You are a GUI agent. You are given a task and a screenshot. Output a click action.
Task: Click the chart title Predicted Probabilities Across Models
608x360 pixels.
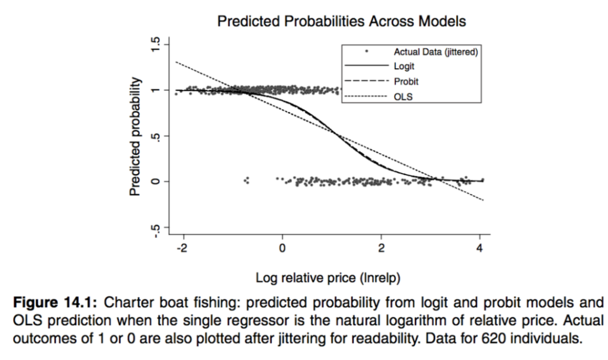click(x=341, y=22)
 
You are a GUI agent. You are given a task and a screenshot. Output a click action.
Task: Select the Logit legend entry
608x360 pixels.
click(x=404, y=66)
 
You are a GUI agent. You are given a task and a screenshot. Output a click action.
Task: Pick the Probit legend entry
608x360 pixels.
click(x=406, y=81)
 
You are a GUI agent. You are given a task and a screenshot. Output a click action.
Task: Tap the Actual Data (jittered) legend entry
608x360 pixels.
click(x=435, y=52)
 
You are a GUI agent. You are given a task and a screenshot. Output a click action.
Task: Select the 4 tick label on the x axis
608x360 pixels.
click(x=480, y=248)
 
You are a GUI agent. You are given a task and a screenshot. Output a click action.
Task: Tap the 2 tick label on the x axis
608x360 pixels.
click(x=381, y=248)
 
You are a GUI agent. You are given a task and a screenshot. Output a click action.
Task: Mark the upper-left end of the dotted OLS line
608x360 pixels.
click(x=176, y=61)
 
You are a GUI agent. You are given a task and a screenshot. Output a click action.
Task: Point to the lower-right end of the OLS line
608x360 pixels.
click(x=483, y=200)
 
